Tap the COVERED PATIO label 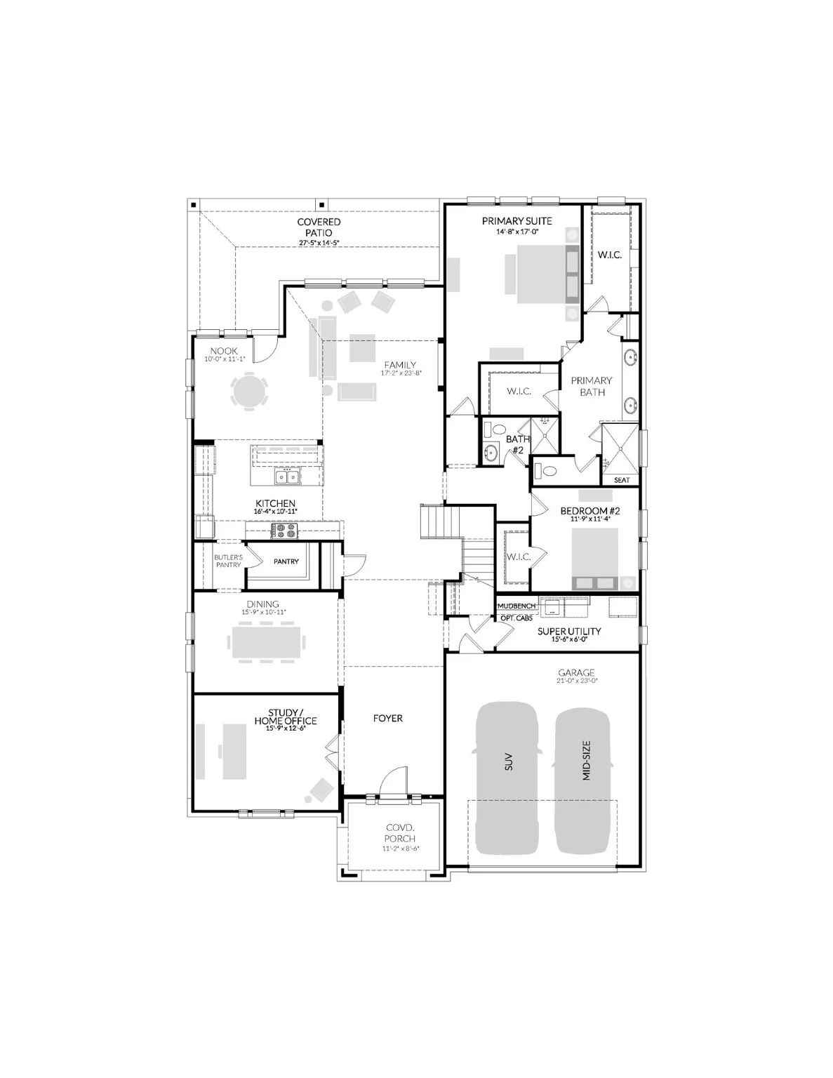[319, 227]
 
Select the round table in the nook [250, 391]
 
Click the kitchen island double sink [288, 477]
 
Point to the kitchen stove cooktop [286, 531]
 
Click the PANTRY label [286, 561]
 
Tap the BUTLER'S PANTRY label [228, 561]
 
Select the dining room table [267, 641]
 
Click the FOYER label [387, 718]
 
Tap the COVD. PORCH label [400, 833]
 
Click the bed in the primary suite [537, 275]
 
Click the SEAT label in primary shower [621, 480]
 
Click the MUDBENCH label [517, 606]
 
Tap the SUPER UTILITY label [568, 631]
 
